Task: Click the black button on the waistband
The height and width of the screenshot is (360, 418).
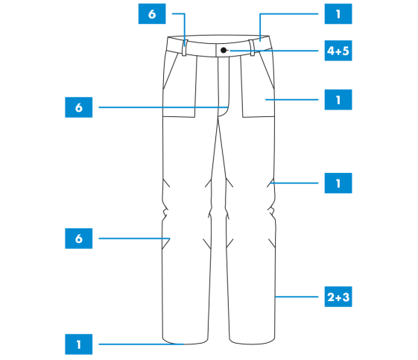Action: tap(224, 50)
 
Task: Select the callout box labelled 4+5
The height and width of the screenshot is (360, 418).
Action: tap(338, 51)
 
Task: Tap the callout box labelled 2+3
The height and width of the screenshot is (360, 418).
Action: tap(338, 297)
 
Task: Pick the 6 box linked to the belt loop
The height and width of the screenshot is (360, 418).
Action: tap(152, 14)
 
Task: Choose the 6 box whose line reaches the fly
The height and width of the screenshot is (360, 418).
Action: tap(79, 107)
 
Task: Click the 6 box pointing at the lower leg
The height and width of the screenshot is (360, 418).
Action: tap(79, 239)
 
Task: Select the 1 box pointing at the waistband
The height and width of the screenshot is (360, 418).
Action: tap(338, 14)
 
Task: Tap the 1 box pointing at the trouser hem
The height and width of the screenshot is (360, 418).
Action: tap(79, 344)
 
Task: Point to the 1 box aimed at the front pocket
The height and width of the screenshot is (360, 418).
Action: tap(338, 100)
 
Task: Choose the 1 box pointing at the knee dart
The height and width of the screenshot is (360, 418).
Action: tap(338, 183)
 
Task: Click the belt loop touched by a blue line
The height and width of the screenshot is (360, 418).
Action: tap(185, 48)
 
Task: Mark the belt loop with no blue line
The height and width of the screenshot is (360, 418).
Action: tap(252, 48)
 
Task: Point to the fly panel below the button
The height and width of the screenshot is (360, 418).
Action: tap(224, 86)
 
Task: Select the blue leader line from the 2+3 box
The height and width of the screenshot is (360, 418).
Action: tap(297, 297)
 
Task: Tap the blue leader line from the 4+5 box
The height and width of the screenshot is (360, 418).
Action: tap(274, 51)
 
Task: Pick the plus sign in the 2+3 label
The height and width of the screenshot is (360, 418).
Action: tap(338, 297)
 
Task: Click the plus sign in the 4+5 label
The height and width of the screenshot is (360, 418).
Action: tap(338, 51)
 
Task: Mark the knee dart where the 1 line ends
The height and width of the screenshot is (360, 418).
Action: tap(270, 183)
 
